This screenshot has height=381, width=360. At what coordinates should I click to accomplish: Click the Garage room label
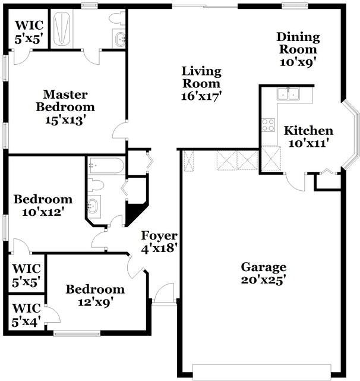coord(264,273)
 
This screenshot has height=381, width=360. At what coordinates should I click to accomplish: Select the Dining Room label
coord(298,49)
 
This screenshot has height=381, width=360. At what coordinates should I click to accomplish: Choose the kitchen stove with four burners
coord(269,125)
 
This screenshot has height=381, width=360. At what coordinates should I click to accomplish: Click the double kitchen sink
coord(289,93)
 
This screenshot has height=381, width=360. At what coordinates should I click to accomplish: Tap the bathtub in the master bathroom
coord(62,29)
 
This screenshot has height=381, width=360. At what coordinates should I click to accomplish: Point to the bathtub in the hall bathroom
coord(106,165)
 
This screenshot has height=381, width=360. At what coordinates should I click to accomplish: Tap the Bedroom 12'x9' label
coord(95,295)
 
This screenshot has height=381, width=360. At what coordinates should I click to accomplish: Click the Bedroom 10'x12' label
coord(43,205)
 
